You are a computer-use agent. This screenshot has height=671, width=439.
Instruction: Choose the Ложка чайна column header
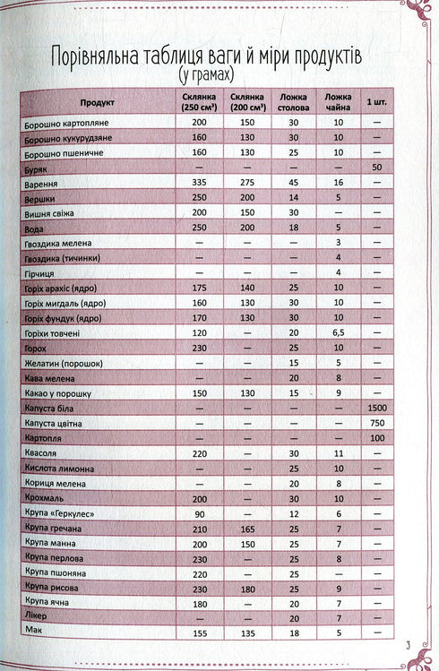tap(338, 102)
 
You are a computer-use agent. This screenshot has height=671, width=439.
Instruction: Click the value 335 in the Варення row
tap(199, 182)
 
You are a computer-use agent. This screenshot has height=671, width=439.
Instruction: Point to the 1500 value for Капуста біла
tap(376, 408)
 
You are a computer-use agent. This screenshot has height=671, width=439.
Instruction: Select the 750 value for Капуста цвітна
tap(376, 423)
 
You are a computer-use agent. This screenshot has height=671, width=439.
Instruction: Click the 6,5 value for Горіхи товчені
tap(338, 332)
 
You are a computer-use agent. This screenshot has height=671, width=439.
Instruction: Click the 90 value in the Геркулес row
tap(199, 513)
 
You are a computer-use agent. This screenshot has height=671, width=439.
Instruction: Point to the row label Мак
tap(35, 633)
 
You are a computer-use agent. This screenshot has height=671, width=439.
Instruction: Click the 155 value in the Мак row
tap(199, 633)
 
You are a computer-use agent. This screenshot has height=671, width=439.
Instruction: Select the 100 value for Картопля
tap(376, 438)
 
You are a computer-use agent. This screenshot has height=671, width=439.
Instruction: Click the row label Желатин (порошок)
tap(64, 363)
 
